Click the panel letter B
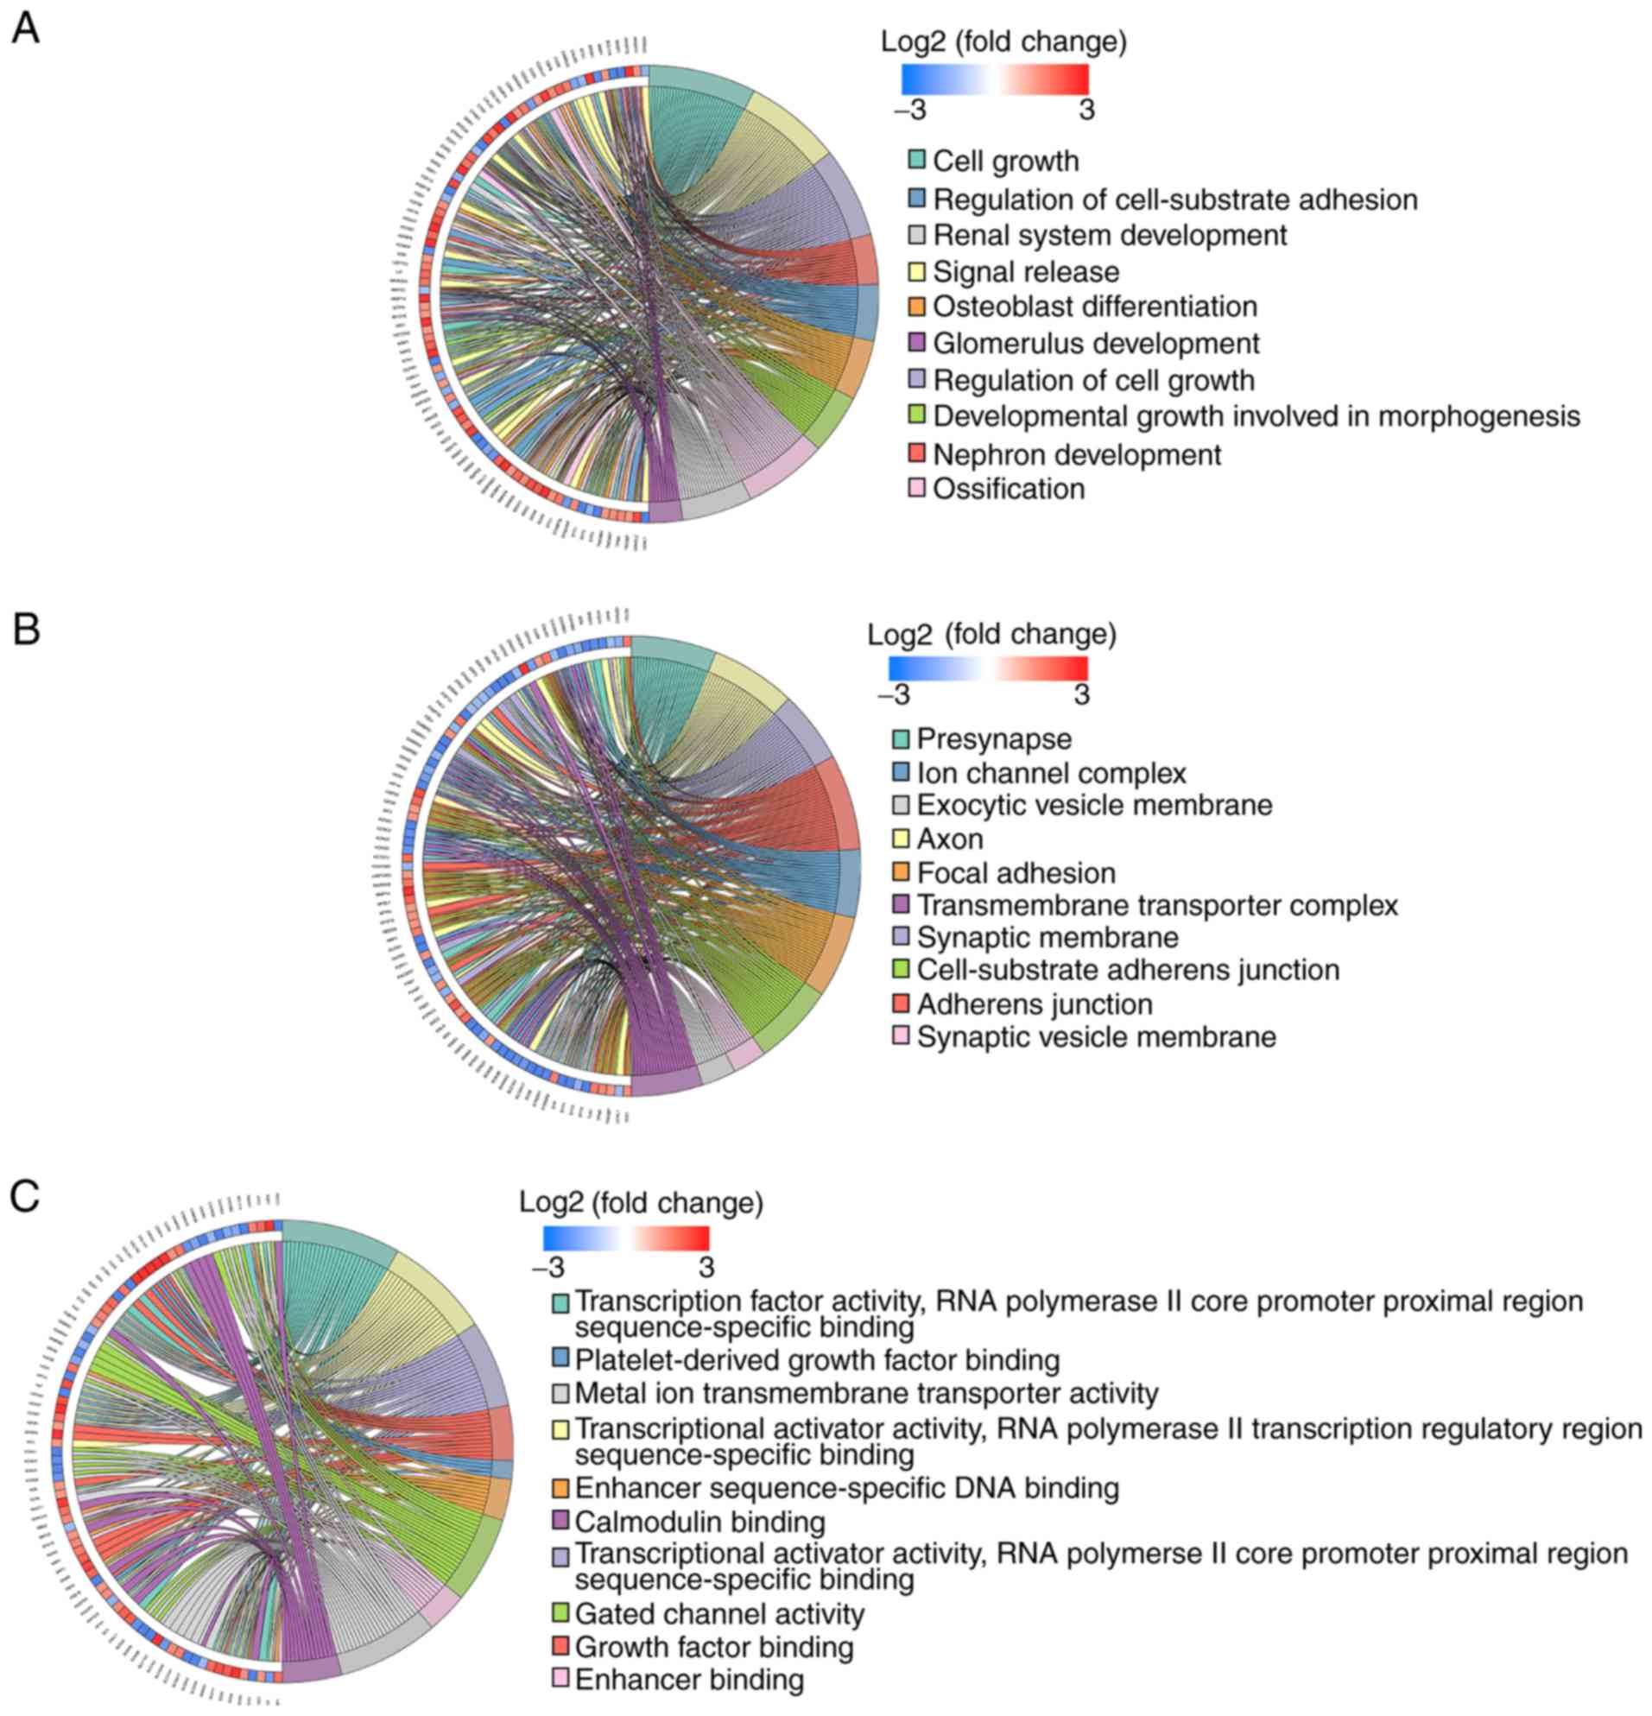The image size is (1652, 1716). point(26,629)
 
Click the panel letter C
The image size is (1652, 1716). point(24,1196)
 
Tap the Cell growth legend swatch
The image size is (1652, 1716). point(915,161)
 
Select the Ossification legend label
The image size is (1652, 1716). point(1009,489)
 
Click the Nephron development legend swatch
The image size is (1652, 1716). point(915,453)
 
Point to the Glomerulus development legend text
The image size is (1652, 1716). point(1095,343)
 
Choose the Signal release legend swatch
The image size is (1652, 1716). point(915,271)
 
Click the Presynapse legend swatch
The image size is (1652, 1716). point(901,739)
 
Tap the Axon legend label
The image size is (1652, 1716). point(950,839)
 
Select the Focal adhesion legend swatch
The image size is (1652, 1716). point(901,872)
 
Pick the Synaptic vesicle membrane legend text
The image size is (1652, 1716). point(1096,1036)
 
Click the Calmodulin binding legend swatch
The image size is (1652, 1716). point(560,1522)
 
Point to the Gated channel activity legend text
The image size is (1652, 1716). point(718,1612)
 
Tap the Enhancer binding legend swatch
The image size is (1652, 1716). point(560,1678)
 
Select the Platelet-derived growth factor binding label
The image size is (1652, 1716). point(817,1359)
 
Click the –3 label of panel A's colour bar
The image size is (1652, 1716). point(909,111)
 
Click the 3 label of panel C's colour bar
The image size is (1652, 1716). point(706,1267)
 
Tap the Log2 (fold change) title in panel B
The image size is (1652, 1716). point(991,634)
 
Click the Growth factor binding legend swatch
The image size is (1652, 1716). point(560,1646)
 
